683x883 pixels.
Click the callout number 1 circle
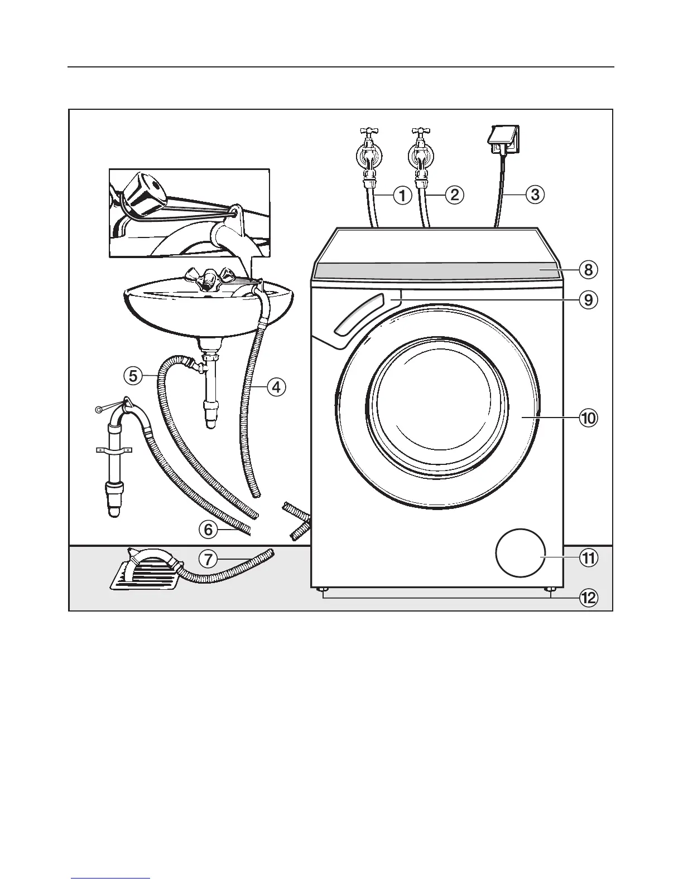[x=402, y=195]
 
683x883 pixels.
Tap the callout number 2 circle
[x=454, y=195]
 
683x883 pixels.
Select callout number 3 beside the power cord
[x=535, y=195]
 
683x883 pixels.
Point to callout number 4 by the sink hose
[x=276, y=386]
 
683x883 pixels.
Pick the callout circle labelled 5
[x=133, y=376]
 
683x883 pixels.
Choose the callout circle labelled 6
[x=208, y=529]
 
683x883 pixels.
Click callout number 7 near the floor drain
[x=208, y=559]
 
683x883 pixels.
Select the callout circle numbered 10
[x=588, y=418]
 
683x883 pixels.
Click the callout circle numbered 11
[x=588, y=558]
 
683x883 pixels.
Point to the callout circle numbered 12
[x=588, y=598]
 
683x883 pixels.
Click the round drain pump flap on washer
[x=520, y=553]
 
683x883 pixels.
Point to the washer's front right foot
[x=551, y=590]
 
